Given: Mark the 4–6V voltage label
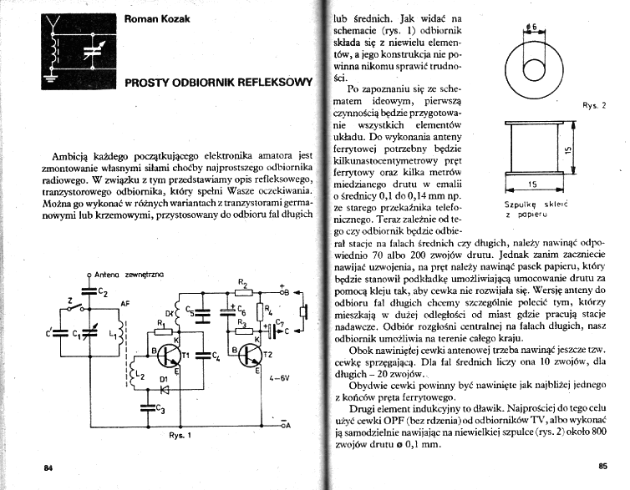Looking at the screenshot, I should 277,378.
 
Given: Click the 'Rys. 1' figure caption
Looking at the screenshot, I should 180,436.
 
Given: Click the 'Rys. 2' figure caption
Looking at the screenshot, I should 593,105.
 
